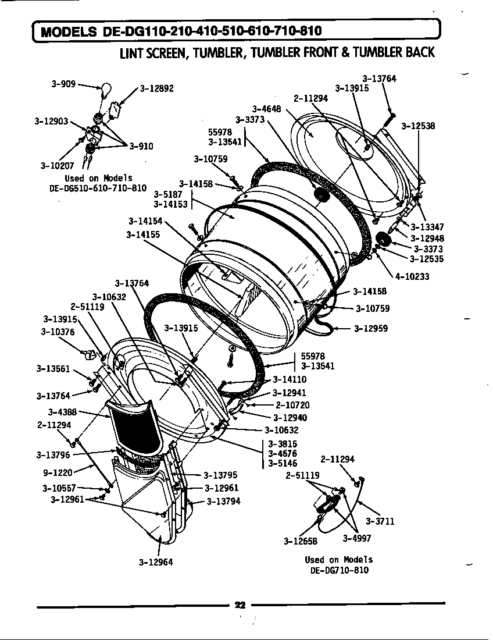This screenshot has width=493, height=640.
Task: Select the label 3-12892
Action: click(157, 89)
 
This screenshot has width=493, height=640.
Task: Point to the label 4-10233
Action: click(412, 277)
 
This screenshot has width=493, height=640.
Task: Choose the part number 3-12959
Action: click(371, 328)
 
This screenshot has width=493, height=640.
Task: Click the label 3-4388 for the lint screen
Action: click(63, 412)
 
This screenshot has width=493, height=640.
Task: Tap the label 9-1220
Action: click(57, 473)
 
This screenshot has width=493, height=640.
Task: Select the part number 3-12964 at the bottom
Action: click(156, 562)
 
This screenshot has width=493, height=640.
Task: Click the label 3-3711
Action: click(380, 521)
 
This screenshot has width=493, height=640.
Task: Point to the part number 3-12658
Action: click(301, 541)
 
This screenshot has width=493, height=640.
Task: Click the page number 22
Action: click(240, 605)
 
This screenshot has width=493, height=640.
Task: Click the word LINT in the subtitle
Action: click(132, 53)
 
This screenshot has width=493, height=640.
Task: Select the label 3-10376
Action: click(58, 332)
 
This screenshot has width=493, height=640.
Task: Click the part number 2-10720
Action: click(292, 405)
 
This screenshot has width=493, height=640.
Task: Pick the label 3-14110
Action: click(290, 380)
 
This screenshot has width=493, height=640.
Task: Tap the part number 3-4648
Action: click(266, 109)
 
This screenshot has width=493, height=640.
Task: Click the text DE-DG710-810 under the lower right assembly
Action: click(340, 570)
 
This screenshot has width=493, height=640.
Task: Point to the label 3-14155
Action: click(143, 234)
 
